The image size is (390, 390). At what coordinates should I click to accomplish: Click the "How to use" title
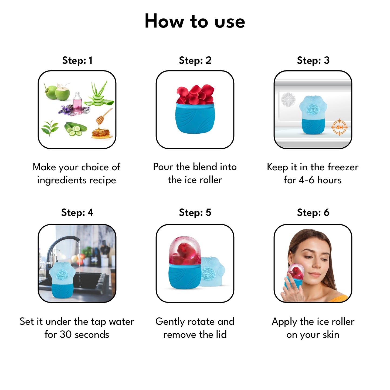tap(195, 21)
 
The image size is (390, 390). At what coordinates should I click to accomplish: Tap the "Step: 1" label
tap(77, 60)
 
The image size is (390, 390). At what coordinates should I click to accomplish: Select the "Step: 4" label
tap(77, 212)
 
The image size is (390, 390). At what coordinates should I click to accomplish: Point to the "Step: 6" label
tap(313, 212)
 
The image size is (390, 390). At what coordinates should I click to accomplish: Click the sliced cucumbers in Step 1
tap(76, 129)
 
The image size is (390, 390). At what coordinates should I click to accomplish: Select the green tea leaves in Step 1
tap(50, 128)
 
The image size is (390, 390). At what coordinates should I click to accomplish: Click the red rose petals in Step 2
tap(195, 94)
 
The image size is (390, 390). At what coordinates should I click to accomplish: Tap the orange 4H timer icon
tap(340, 127)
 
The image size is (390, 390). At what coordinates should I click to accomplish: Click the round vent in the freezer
tap(288, 100)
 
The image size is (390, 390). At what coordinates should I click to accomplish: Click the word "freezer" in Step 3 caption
tap(343, 167)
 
